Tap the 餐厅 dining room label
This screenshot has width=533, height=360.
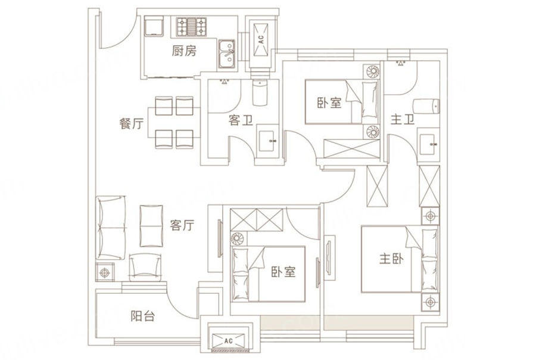(132, 125)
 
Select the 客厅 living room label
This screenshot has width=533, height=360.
(182, 225)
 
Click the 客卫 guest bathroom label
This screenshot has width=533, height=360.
(241, 120)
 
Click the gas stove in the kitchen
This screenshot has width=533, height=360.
(191, 27)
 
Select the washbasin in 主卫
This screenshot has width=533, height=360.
(428, 143)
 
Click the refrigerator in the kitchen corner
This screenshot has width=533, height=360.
(155, 27)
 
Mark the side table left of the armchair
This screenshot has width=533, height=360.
(106, 272)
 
